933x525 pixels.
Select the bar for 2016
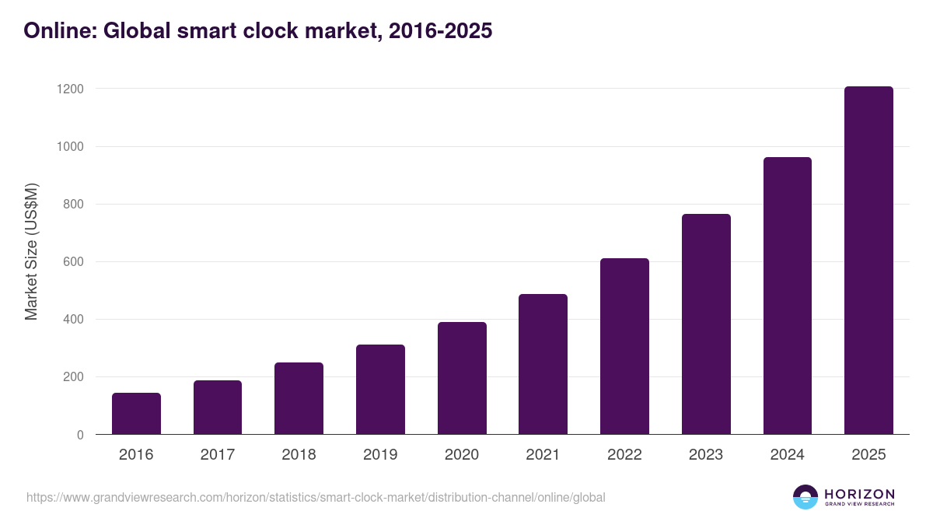(136, 414)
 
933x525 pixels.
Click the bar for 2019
(380, 390)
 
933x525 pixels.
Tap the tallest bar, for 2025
(868, 261)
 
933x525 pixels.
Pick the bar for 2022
(624, 346)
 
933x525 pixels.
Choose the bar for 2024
(787, 296)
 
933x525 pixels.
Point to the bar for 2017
(218, 408)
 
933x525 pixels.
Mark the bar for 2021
(543, 364)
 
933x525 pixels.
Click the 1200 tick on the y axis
(70, 89)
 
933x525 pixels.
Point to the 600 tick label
(73, 262)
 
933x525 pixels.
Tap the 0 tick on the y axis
(80, 435)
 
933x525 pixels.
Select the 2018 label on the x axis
(299, 455)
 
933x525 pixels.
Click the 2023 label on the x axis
(706, 455)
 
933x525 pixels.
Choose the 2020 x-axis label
(462, 455)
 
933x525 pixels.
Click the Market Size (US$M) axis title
(31, 251)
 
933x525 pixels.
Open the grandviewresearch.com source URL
(316, 497)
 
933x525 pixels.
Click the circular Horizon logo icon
(805, 497)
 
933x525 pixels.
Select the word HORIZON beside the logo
(859, 493)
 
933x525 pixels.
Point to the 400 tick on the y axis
(73, 320)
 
